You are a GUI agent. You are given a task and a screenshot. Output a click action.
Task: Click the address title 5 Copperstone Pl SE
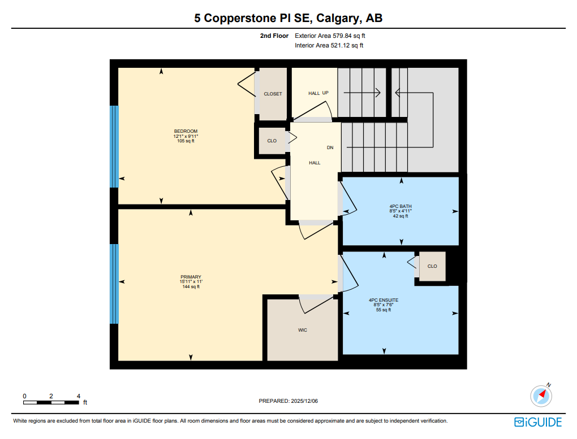(288, 18)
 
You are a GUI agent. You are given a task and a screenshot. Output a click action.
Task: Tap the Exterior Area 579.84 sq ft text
(334, 36)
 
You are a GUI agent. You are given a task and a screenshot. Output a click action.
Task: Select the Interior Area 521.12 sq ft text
(329, 45)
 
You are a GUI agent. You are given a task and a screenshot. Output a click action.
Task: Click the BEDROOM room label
(186, 131)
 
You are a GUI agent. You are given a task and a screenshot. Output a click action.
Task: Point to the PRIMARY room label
(191, 277)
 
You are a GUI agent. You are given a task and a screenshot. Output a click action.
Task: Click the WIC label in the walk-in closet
(303, 330)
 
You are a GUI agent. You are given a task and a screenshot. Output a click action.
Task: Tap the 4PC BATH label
(401, 206)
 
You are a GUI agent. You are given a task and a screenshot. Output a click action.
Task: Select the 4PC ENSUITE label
(384, 300)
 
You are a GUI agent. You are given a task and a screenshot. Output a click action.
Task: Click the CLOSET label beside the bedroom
(273, 94)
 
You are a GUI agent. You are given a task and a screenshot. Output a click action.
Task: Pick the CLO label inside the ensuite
(432, 266)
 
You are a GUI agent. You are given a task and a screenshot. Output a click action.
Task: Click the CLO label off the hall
(272, 141)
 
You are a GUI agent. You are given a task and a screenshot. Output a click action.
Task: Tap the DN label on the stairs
(330, 147)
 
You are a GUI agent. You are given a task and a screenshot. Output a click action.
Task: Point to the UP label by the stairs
(325, 93)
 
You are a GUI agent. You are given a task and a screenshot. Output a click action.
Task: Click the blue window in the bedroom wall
(114, 146)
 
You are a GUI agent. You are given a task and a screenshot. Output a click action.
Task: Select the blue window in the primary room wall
(114, 284)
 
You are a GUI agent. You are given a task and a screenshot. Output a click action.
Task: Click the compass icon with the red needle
(541, 395)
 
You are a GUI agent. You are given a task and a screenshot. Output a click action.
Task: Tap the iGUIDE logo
(537, 422)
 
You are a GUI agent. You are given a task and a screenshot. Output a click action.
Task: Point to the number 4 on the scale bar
(79, 396)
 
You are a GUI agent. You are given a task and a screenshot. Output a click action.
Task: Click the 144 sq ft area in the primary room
(191, 287)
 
